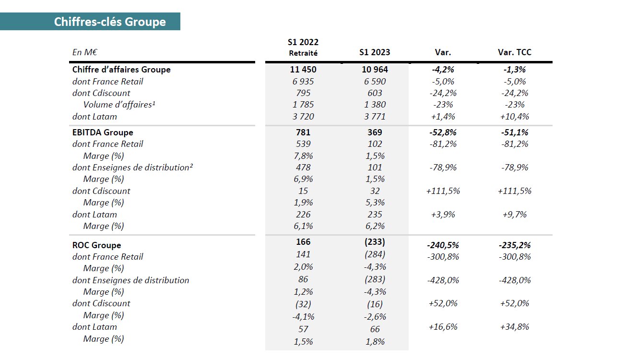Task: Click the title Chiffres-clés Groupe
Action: coord(110,22)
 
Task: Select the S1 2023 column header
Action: coord(375,52)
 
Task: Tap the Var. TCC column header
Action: coord(515,52)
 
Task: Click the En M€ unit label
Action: coord(84,52)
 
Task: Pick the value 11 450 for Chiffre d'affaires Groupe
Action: coord(303,69)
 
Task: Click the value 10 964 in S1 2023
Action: coord(375,69)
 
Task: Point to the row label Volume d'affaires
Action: coord(119,105)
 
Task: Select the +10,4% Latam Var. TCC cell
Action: coord(515,117)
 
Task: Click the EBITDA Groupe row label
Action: coord(103,132)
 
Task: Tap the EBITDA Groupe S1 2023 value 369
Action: coord(375,132)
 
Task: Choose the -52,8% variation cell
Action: coord(443,132)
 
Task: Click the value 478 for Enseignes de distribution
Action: coord(303,168)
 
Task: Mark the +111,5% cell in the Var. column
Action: coord(443,191)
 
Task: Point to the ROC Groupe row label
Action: coord(96,245)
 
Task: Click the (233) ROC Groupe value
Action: coord(375,242)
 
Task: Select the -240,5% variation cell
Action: coord(443,245)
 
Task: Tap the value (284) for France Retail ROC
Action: coord(375,254)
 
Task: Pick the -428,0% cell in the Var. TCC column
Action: coord(515,280)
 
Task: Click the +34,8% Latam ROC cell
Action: coord(515,327)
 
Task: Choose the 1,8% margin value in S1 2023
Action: coord(375,342)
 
